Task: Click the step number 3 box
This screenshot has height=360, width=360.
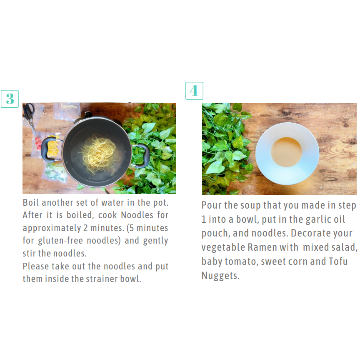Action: tap(10, 99)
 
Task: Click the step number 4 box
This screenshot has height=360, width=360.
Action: tap(194, 91)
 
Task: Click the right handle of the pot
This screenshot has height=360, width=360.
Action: tap(142, 156)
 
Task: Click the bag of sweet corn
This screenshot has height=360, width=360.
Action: tap(52, 147)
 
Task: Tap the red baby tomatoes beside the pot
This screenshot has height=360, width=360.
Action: tap(38, 142)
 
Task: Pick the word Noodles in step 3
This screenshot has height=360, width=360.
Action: tap(137, 215)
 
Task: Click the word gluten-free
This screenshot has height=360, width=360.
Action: tap(60, 241)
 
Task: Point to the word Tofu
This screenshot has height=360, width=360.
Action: tap(338, 261)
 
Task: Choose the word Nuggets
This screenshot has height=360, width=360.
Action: tap(220, 276)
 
